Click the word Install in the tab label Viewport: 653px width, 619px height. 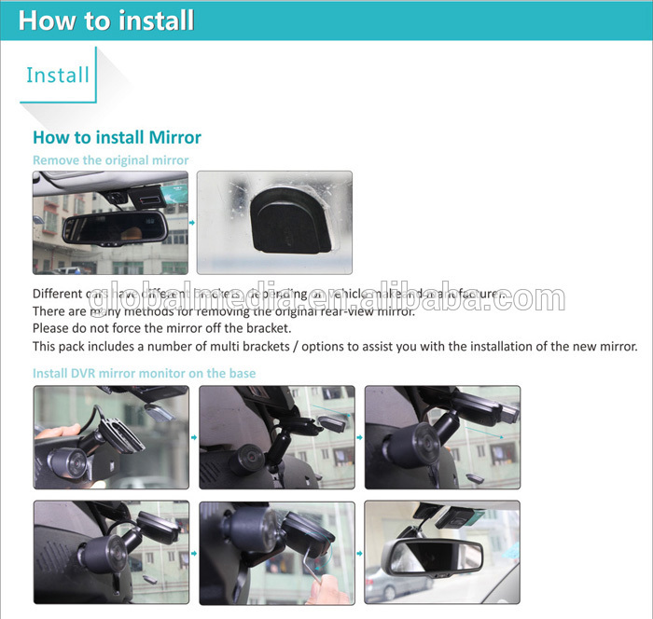58,75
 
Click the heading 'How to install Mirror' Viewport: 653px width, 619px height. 117,137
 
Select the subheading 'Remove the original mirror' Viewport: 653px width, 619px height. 110,160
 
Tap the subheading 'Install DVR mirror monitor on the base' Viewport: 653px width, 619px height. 144,373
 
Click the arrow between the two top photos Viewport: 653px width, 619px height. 192,223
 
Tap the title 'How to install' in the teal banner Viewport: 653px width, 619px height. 106,20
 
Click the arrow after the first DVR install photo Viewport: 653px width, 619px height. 193,436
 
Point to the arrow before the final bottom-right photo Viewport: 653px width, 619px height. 359,553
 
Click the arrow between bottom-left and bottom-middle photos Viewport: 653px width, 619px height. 193,553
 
